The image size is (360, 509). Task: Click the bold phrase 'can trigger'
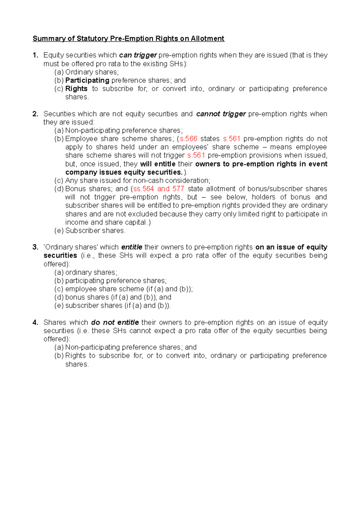(138, 55)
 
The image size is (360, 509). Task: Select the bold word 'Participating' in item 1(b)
(87, 80)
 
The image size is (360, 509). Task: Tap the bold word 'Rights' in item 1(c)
(76, 89)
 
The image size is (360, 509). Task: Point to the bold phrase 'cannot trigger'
(221, 114)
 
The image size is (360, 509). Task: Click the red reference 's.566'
(188, 139)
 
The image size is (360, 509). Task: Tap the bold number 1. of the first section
(35, 55)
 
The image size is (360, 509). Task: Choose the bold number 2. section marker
(35, 114)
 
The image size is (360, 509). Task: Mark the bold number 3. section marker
(35, 247)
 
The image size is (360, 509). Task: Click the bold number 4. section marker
(35, 323)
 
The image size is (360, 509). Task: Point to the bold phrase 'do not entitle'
(115, 323)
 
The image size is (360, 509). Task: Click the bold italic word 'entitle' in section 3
(132, 247)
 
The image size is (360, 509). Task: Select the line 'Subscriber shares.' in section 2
(95, 231)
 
